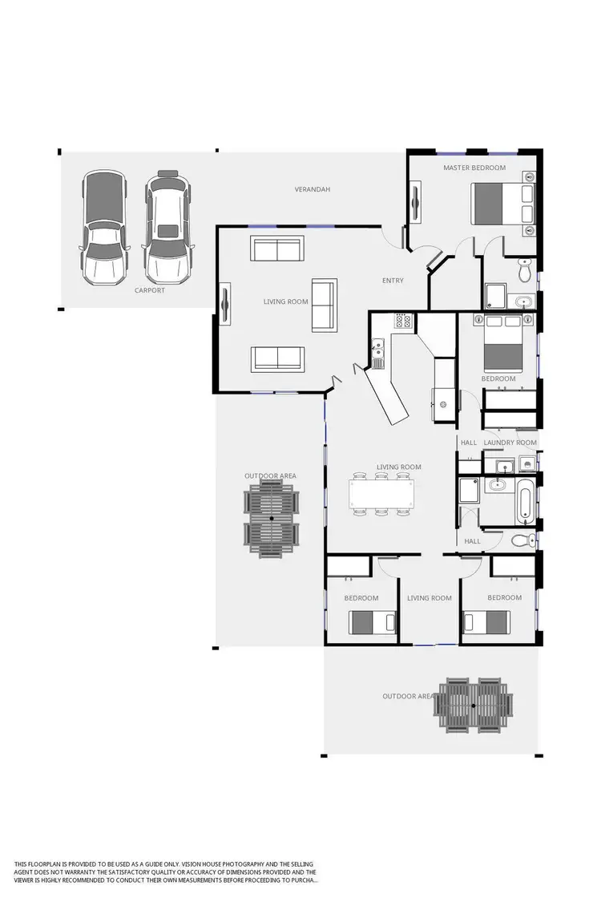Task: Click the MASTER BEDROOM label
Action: tap(474, 168)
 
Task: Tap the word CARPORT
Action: tap(150, 290)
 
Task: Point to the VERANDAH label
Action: tap(313, 189)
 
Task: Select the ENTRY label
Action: tap(393, 281)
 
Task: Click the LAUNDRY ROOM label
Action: tap(510, 443)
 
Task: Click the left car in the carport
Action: tap(105, 228)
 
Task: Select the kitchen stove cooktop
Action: tap(402, 322)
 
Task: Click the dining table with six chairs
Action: tap(383, 493)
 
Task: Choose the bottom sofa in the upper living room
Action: tap(277, 358)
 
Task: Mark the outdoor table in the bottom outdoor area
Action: tap(474, 705)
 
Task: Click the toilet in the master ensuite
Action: tap(525, 272)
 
